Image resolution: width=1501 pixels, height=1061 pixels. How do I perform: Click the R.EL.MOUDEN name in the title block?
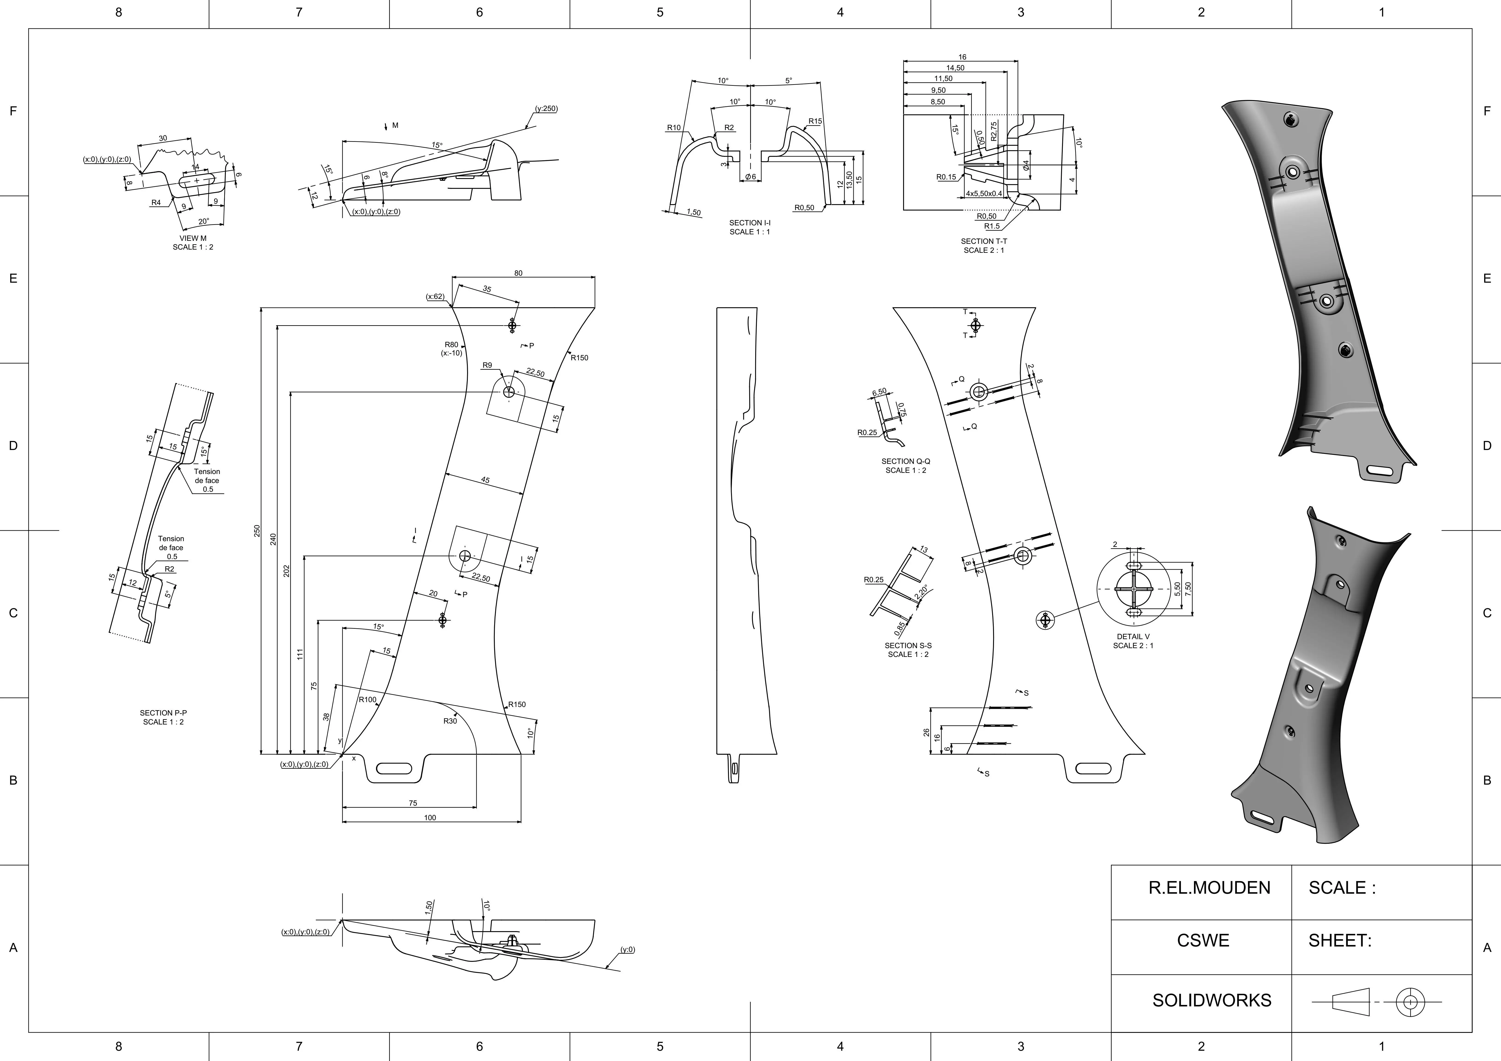coord(1209,888)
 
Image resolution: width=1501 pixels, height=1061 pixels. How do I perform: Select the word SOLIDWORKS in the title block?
coord(1212,1000)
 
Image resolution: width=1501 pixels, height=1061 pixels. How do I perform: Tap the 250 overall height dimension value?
coord(257,531)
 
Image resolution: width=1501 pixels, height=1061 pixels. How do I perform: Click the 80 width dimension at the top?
coord(518,273)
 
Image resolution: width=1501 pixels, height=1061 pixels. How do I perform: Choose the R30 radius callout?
coord(450,721)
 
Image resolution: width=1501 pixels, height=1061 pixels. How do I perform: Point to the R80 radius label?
coord(451,345)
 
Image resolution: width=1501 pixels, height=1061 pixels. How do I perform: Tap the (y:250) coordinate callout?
coord(546,108)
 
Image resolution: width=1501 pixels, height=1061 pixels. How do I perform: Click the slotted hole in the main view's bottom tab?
coord(394,768)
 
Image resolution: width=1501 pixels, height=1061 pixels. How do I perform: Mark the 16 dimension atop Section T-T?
coord(962,57)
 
